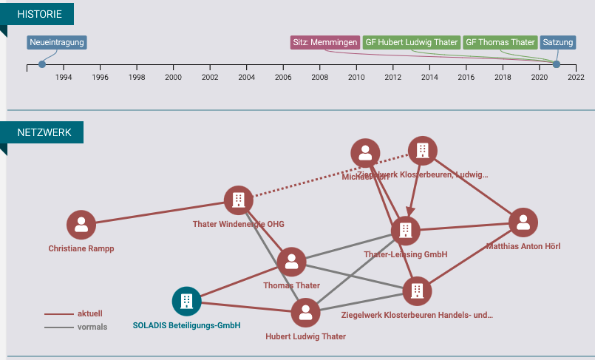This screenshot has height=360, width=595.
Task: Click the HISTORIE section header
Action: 41,14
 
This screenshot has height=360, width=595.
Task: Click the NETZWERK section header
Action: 44,132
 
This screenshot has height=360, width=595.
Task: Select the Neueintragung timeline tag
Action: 57,42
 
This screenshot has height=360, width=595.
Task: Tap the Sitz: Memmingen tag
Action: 324,42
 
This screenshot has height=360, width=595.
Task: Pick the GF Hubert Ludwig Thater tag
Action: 411,42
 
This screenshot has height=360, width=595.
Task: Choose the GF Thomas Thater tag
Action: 500,42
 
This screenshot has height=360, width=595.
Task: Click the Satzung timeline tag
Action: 558,42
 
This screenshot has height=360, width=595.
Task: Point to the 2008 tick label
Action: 319,77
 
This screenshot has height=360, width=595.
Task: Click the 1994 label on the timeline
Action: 64,77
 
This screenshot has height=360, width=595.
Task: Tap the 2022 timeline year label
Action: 576,77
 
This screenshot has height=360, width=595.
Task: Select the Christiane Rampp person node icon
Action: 81,225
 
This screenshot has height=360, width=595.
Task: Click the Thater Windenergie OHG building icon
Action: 239,200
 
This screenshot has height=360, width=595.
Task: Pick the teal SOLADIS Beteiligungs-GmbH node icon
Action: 186,301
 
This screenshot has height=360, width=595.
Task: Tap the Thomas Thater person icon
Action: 292,262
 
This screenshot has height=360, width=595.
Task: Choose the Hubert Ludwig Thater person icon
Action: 305,313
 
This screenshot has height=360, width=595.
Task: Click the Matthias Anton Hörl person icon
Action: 523,223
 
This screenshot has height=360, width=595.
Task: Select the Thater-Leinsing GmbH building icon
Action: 405,231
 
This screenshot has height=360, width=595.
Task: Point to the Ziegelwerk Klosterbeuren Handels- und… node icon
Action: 417,291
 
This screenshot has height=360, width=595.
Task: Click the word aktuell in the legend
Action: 90,313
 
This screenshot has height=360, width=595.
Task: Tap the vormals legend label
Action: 92,327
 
